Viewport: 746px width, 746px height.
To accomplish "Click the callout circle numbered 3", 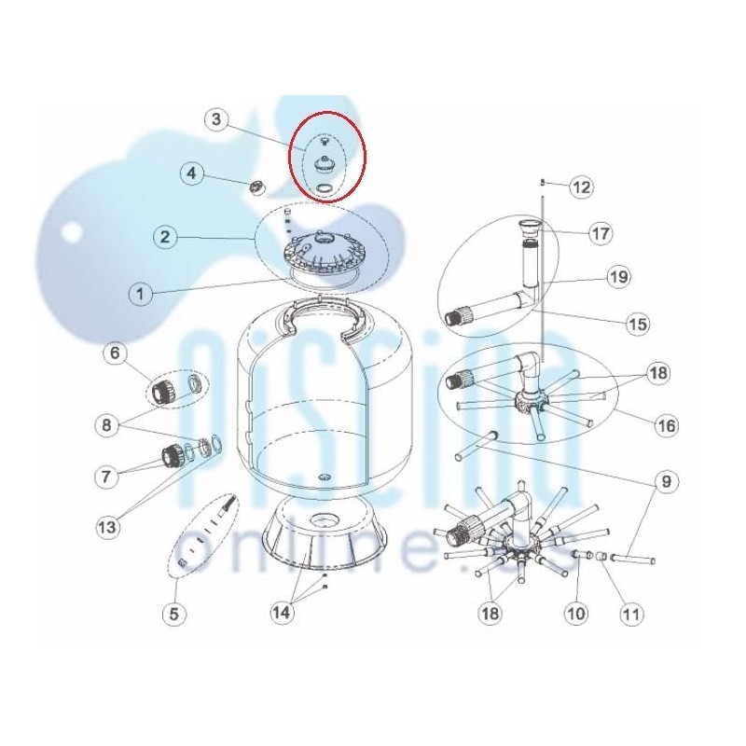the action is [216, 119].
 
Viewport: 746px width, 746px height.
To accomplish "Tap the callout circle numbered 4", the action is [191, 173].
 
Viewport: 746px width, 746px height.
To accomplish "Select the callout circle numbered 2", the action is [165, 237].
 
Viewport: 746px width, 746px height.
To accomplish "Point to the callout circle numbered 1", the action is [141, 294].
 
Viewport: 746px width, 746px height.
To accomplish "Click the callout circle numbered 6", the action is [115, 352].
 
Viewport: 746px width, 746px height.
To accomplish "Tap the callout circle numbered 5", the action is [173, 614].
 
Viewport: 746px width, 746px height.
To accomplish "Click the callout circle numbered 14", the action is [282, 613].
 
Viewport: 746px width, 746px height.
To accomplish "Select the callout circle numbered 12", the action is [582, 187].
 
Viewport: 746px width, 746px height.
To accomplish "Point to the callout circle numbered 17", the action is [601, 234].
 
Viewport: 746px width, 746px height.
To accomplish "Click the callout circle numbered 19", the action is [618, 276].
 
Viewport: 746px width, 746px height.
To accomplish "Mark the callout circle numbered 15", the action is [638, 324].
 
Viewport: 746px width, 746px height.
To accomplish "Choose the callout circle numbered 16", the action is [667, 425].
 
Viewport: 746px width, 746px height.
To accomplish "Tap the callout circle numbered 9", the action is [666, 481].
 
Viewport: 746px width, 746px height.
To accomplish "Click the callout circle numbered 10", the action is [576, 614].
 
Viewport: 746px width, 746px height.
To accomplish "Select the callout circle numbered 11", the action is [631, 614].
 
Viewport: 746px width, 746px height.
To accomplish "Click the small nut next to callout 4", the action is [257, 187].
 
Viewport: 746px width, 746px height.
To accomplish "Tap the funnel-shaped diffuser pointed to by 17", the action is [529, 228].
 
